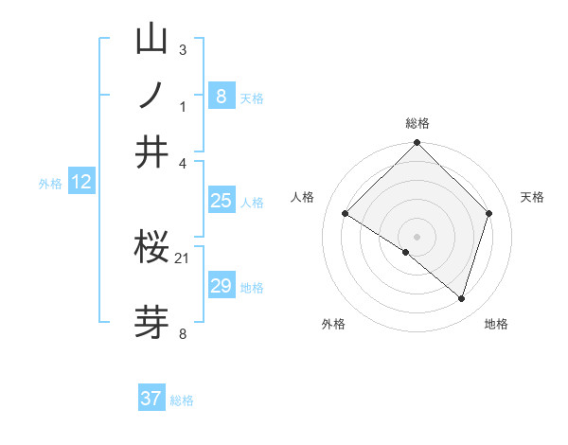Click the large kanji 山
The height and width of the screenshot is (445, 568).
click(151, 39)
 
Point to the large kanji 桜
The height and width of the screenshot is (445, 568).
click(151, 248)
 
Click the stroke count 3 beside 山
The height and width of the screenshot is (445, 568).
click(183, 48)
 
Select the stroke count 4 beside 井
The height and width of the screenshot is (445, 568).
click(183, 162)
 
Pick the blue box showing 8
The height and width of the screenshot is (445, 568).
click(221, 96)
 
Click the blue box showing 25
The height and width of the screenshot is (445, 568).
click(221, 201)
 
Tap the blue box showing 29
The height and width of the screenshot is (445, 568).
click(221, 286)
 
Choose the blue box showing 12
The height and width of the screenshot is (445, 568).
click(81, 182)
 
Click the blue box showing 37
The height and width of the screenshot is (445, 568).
click(151, 399)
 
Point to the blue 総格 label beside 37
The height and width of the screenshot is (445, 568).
click(182, 400)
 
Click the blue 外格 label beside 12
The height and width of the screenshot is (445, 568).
click(50, 184)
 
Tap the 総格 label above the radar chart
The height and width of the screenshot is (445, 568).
click(417, 123)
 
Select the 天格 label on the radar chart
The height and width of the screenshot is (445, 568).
click(532, 197)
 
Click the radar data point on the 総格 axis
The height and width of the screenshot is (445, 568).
click(417, 144)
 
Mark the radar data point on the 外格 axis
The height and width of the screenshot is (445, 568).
click(406, 252)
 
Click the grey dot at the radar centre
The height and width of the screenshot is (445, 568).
click(417, 236)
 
